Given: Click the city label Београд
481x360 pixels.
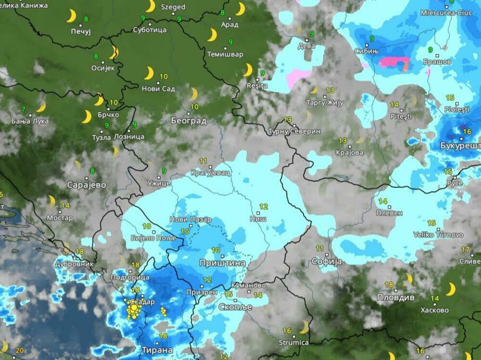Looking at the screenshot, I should [189, 120].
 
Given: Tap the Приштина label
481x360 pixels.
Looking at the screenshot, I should [223, 263].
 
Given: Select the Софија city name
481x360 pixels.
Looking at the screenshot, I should [327, 261].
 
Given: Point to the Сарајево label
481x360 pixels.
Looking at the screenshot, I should [87, 185].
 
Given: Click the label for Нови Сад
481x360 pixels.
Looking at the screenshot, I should [158, 88].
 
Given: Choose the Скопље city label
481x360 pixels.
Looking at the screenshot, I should [235, 307].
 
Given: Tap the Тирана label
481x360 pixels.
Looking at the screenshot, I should [157, 349].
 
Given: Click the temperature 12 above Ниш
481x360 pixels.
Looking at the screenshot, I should [263, 207].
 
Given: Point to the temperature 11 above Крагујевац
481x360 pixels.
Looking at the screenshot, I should [203, 161].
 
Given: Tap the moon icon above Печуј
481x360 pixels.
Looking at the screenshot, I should [71, 16].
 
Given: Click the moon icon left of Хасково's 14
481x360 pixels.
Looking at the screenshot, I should [450, 289].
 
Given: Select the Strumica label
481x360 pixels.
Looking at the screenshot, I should [293, 342].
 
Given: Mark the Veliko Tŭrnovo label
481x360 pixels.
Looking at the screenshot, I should [438, 235].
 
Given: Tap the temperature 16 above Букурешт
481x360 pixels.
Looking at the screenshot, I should [467, 131].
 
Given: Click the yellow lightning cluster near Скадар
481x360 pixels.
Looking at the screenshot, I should [133, 310].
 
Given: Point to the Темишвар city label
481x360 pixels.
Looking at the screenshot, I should [225, 54].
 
